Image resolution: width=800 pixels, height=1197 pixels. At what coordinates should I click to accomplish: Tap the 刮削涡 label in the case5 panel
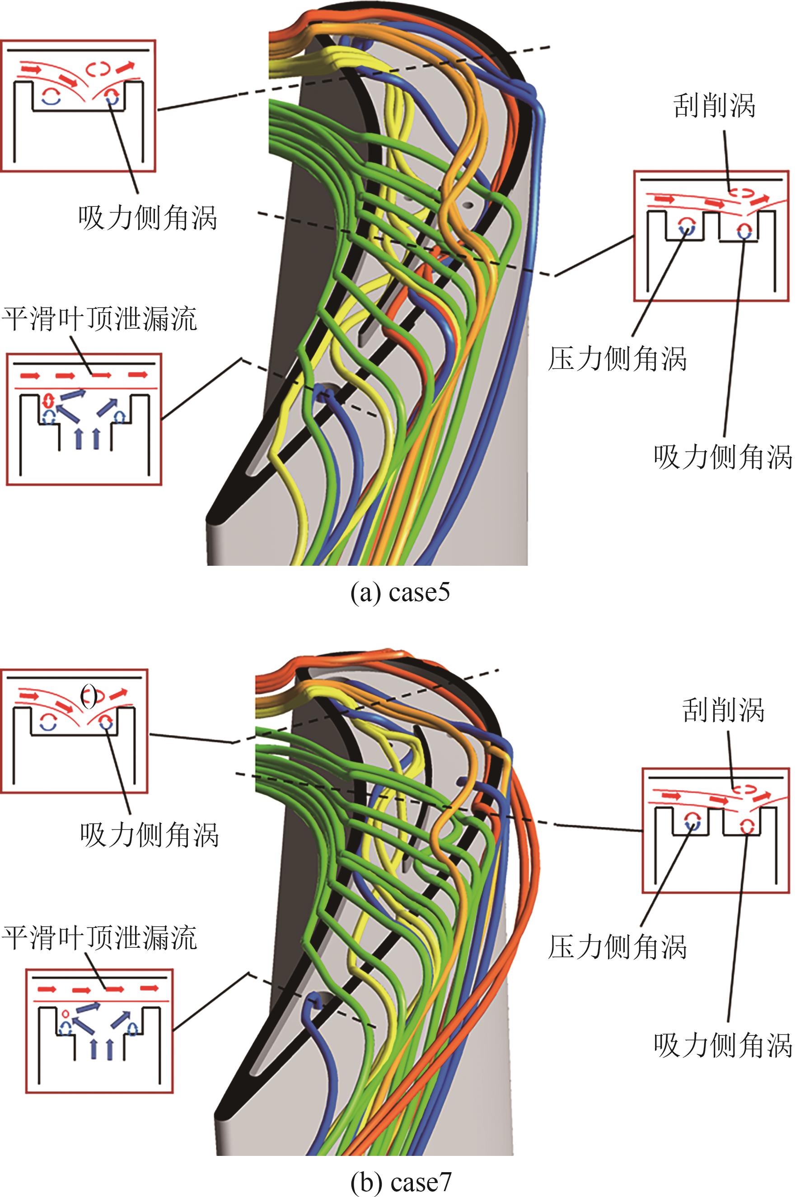pyautogui.click(x=714, y=106)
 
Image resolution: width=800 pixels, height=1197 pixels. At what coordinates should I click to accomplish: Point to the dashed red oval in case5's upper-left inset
pyautogui.click(x=98, y=67)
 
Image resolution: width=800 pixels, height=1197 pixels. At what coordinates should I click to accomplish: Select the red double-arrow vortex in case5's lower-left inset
pyautogui.click(x=49, y=398)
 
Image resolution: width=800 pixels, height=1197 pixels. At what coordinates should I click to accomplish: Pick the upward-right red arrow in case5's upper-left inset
pyautogui.click(x=127, y=66)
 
